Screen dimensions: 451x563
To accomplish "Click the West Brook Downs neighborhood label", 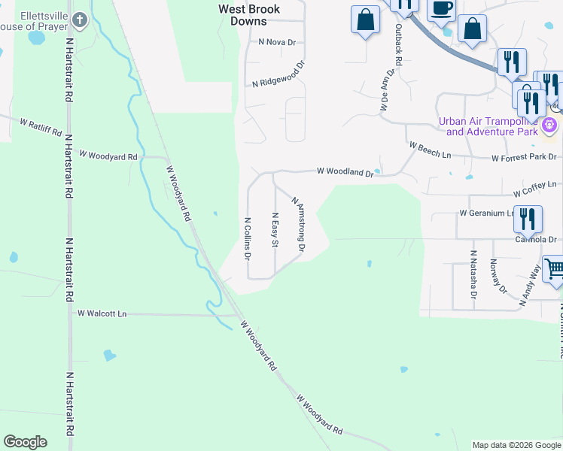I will [249, 15].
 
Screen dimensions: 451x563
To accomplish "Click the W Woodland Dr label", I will [345, 172].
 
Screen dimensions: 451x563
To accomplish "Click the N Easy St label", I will [275, 230].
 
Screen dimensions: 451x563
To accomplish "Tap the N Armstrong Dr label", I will [298, 223].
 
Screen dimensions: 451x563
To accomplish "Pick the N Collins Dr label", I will [247, 238].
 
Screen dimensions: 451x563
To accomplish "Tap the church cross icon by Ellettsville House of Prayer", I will [81, 20].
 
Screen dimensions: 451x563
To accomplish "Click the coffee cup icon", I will [441, 8].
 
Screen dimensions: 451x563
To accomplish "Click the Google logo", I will [25, 442].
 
